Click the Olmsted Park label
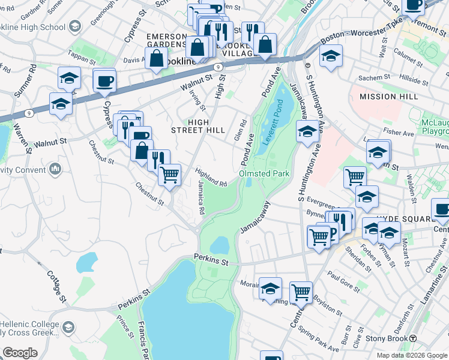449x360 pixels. click(265, 173)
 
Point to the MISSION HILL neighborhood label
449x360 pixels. click(386, 97)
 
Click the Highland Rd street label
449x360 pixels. click(211, 177)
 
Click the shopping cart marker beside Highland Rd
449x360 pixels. click(170, 175)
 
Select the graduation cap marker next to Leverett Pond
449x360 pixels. click(307, 131)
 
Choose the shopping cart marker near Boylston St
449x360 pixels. click(301, 292)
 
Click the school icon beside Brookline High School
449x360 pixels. click(75, 26)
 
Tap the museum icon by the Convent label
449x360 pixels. click(56, 169)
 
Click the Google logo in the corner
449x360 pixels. click(20, 352)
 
